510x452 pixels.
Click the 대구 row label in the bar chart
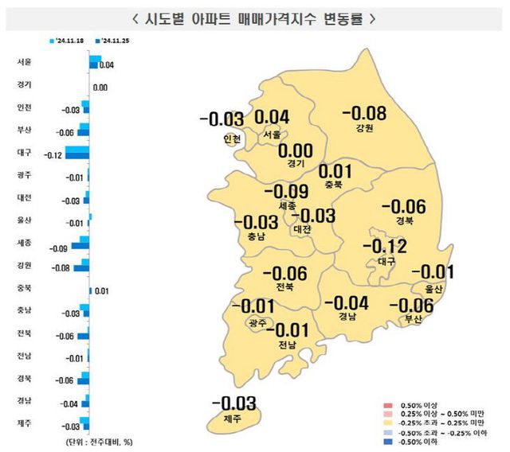[24, 152]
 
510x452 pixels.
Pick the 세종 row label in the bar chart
[24, 242]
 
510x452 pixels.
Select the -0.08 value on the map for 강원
[370, 115]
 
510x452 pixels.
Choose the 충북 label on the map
[334, 185]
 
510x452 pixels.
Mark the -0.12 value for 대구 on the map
[386, 247]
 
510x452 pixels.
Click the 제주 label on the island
[233, 418]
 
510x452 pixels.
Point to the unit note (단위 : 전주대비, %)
[94, 441]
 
